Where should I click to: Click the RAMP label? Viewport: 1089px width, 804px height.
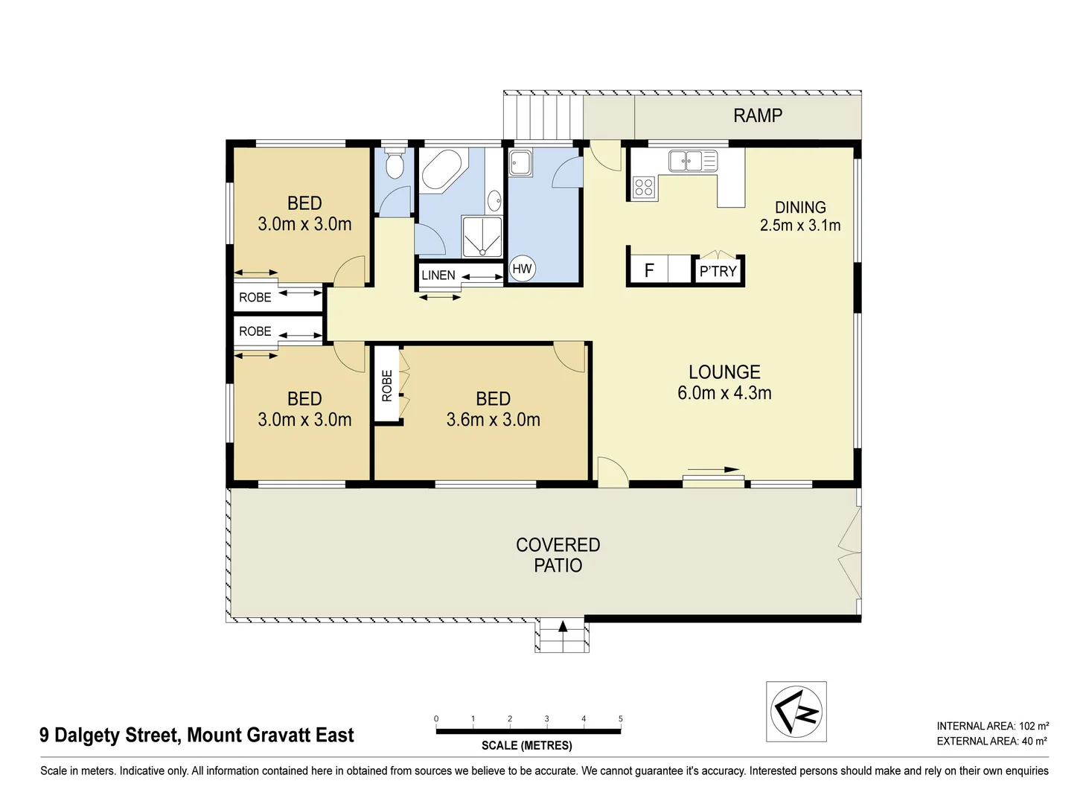(x=757, y=115)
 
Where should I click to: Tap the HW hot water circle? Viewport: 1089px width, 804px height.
(x=522, y=269)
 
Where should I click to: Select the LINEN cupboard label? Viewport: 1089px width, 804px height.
(x=438, y=275)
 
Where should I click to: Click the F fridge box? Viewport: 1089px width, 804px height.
(x=648, y=270)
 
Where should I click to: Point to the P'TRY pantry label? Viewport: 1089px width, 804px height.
(x=718, y=271)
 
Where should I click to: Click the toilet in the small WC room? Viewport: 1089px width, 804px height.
(x=395, y=165)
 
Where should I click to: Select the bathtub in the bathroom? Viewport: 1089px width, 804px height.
(x=442, y=170)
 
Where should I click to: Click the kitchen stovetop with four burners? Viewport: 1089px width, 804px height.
(x=643, y=188)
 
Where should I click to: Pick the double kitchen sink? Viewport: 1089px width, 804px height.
(x=686, y=160)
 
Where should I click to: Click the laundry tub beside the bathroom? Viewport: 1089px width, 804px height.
(x=520, y=163)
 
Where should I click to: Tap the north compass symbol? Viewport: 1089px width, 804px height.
(x=796, y=711)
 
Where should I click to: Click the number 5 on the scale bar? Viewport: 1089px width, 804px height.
(x=620, y=718)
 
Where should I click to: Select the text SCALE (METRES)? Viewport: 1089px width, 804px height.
(x=526, y=745)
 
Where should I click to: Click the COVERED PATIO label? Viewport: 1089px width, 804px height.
(x=558, y=555)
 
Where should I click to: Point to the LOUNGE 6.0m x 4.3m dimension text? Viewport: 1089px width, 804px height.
(x=724, y=392)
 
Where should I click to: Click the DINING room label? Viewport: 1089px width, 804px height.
(x=800, y=208)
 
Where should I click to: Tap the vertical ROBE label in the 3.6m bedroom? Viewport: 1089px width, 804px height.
(x=386, y=386)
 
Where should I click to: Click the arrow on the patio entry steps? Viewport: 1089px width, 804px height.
(x=562, y=626)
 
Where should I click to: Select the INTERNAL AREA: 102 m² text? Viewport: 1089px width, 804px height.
(x=992, y=726)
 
